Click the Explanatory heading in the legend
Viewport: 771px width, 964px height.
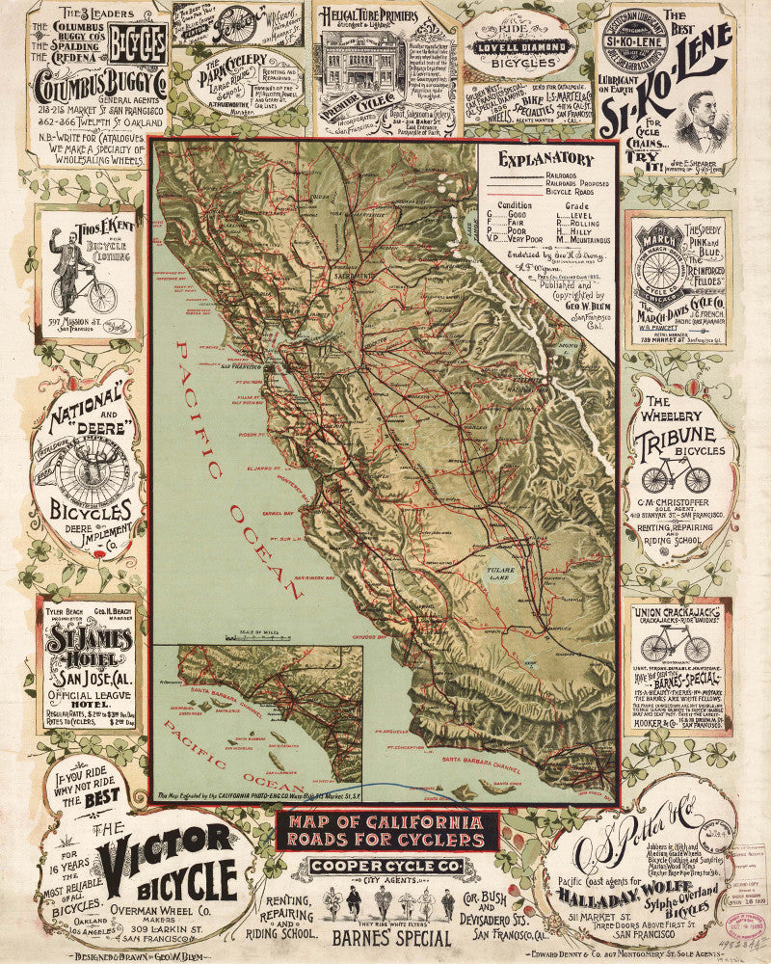(x=546, y=161)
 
